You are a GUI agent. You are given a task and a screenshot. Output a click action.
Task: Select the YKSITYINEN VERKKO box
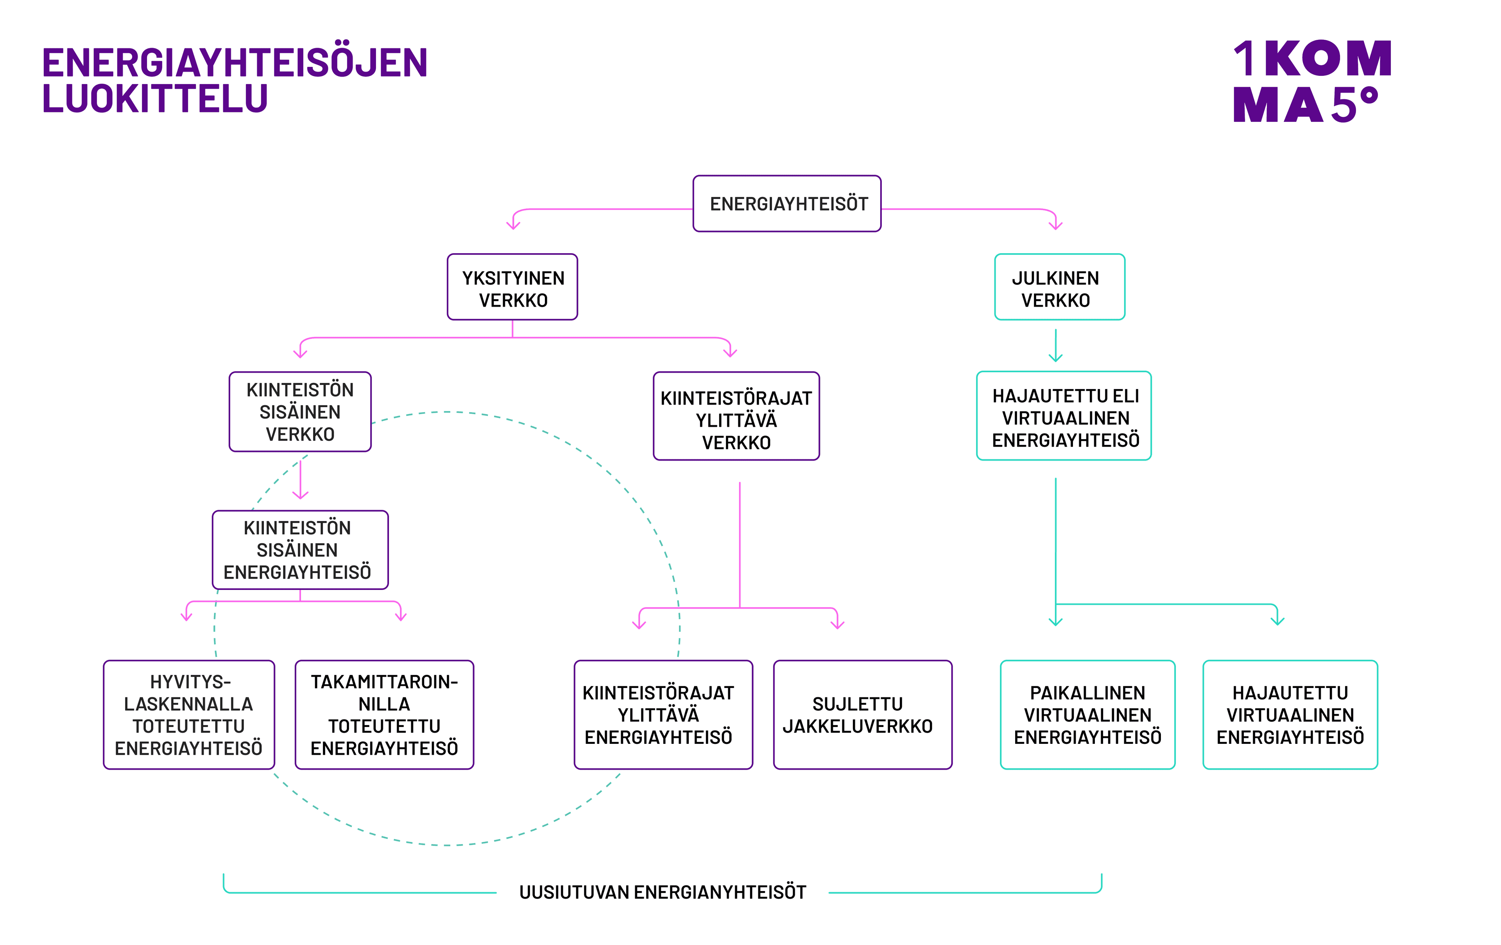point(512,287)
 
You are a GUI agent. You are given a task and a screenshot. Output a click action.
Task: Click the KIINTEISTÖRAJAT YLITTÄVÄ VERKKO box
point(736,416)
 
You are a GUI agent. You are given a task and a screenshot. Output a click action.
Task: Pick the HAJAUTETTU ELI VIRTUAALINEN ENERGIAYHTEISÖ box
point(1064,416)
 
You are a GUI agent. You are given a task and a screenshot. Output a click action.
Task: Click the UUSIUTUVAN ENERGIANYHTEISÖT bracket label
point(662,892)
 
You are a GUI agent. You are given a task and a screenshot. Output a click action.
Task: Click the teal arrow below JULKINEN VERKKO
point(1055,346)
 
